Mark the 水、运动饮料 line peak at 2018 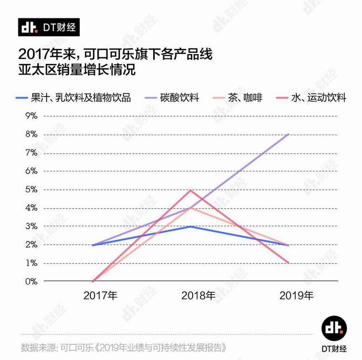[x=191, y=190]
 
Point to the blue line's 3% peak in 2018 [x=191, y=226]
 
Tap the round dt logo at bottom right [x=332, y=327]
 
